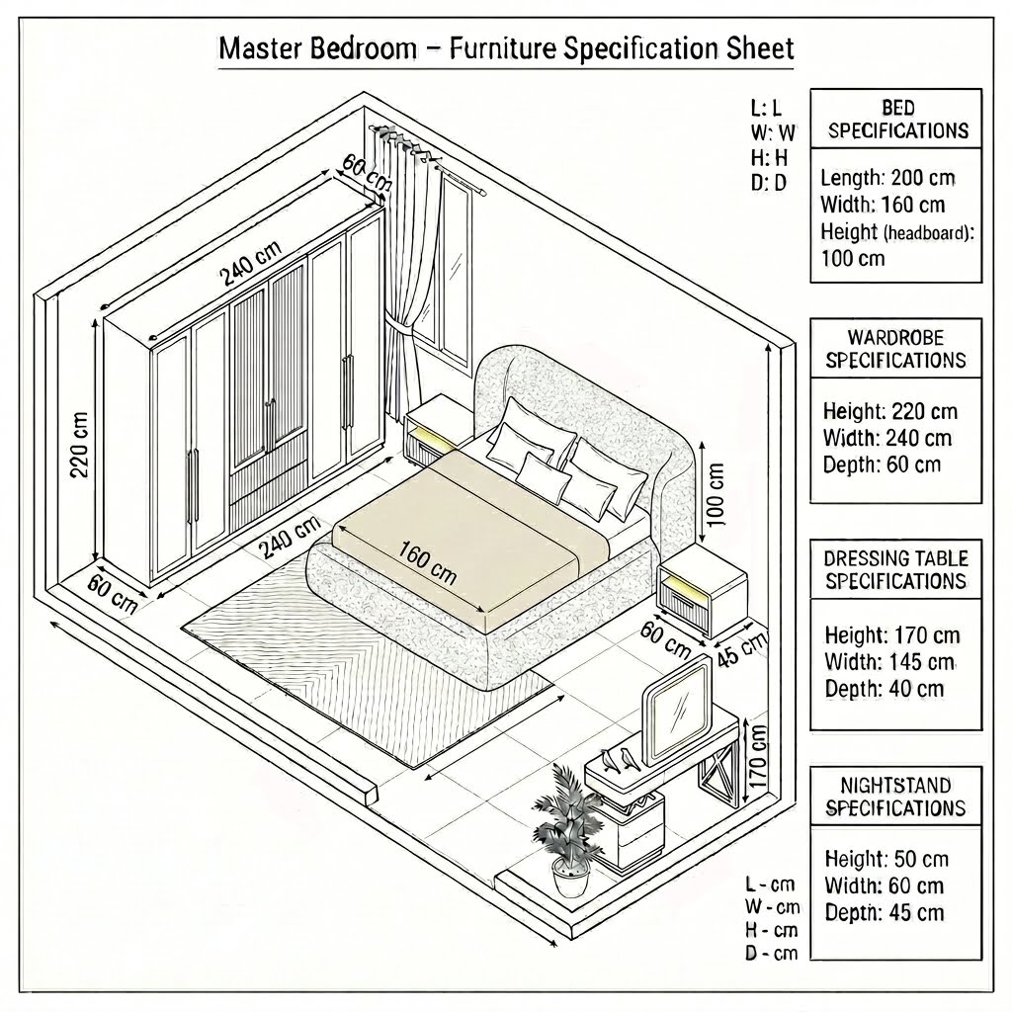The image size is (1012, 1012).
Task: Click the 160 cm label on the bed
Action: [x=427, y=562]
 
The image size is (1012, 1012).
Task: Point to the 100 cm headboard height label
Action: [x=716, y=494]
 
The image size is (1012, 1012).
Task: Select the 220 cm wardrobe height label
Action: [x=79, y=445]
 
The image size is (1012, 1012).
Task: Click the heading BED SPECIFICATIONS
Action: [x=897, y=120]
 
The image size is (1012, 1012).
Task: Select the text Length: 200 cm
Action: [x=887, y=178]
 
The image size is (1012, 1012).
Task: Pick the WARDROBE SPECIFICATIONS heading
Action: [x=895, y=349]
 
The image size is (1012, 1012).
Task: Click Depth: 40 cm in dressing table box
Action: [x=885, y=689]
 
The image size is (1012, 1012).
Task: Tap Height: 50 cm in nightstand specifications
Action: [x=886, y=859]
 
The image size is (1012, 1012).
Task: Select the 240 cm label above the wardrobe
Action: [x=251, y=263]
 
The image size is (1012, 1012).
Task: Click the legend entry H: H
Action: [x=769, y=157]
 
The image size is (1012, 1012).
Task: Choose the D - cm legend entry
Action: [x=771, y=953]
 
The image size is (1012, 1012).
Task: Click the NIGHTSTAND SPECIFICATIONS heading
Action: [x=895, y=797]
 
